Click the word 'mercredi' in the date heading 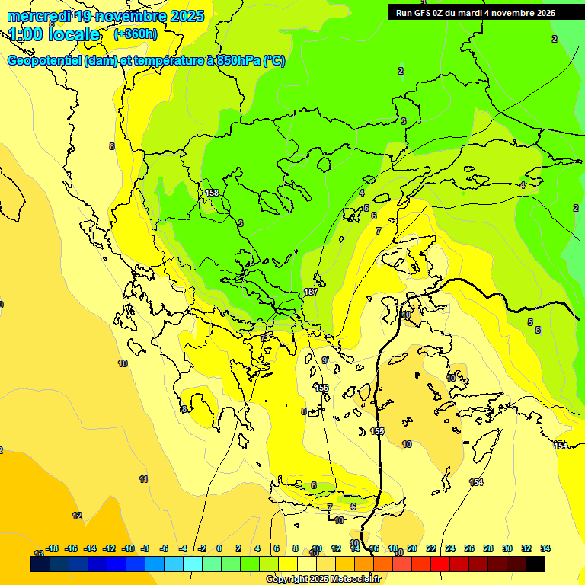(38, 16)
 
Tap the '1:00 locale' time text (54, 34)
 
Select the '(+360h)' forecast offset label (136, 34)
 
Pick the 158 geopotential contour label (212, 193)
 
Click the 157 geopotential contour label (311, 292)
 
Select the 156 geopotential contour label (322, 388)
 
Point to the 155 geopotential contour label (377, 431)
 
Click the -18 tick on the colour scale (53, 548)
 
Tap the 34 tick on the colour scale (545, 548)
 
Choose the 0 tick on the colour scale (219, 548)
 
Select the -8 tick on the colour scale (145, 548)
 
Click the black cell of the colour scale (535, 564)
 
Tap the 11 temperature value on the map (143, 479)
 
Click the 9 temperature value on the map (324, 360)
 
